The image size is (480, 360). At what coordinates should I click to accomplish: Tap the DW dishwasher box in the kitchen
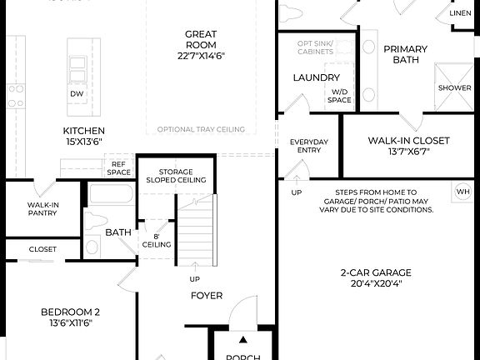pos(77,94)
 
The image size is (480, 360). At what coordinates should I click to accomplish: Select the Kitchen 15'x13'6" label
pos(84,137)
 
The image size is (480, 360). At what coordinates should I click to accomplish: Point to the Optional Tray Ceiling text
pos(201,129)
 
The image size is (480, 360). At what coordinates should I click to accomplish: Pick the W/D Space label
pos(339,96)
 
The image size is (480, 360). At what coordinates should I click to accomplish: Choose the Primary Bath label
pos(405,55)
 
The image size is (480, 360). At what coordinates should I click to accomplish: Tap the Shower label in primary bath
pos(454,87)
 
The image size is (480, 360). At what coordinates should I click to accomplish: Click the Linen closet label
pos(460,14)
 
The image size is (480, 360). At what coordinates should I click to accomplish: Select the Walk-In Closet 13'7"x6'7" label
pos(408,147)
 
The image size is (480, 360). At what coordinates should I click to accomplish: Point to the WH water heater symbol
pos(462,192)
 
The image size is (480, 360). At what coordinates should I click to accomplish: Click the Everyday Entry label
pos(309,147)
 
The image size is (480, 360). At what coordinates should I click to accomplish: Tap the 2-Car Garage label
pos(376,278)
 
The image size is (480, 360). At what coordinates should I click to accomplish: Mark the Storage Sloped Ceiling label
pos(176,174)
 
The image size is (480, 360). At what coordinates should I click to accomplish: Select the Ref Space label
pos(119,168)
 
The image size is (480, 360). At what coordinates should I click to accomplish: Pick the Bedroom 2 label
pos(71,317)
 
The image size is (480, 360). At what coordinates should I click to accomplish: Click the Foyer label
pos(206,295)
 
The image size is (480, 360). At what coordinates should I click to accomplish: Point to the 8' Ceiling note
pos(157,240)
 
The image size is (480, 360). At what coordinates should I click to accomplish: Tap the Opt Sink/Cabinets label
pos(316,47)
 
